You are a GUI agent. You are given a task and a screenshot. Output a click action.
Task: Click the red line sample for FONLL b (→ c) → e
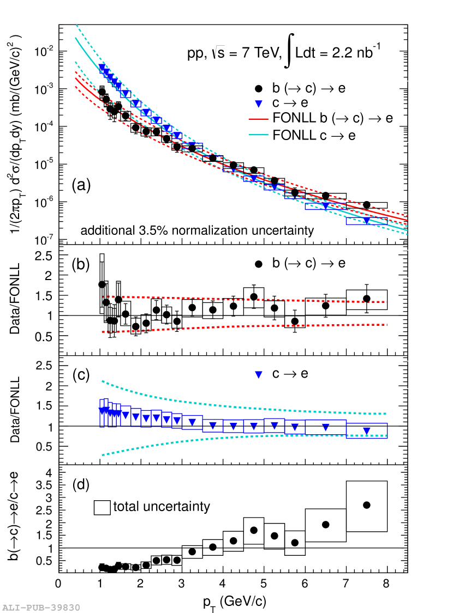(x=259, y=118)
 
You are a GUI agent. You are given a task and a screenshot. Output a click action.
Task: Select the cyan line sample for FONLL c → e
(x=259, y=135)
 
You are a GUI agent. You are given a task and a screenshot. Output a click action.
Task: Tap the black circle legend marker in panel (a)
(x=259, y=88)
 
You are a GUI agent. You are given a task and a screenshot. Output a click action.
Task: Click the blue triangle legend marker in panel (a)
(x=259, y=103)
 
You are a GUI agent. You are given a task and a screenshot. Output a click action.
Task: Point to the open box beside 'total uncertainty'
(x=103, y=507)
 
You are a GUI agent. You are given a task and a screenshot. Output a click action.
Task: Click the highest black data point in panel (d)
(x=367, y=505)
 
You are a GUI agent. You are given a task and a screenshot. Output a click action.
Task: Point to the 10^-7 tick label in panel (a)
(x=43, y=240)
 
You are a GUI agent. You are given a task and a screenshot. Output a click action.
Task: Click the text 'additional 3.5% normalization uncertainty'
(x=197, y=230)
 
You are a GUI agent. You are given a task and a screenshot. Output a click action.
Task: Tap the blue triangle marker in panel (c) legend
(x=259, y=374)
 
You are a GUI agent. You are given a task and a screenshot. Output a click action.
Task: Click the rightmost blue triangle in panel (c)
(x=367, y=431)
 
